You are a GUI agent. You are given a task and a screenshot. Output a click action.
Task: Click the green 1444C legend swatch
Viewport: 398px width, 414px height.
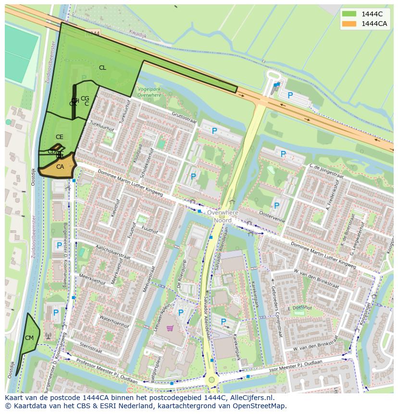tap(349, 14)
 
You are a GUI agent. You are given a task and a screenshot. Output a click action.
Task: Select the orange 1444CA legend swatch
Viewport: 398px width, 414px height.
tap(349, 24)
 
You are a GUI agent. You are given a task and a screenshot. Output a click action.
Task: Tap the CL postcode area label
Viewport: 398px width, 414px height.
tap(102, 68)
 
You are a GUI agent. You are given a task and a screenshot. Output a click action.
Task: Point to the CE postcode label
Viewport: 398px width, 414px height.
tap(59, 137)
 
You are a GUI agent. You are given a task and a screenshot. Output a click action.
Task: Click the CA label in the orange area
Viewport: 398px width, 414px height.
tap(60, 167)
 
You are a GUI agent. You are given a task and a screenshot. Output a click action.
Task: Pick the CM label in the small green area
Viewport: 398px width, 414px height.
tap(29, 338)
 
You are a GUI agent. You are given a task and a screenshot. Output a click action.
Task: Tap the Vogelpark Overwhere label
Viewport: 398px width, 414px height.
tap(149, 92)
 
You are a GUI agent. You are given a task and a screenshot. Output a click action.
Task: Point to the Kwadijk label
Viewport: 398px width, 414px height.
tap(138, 32)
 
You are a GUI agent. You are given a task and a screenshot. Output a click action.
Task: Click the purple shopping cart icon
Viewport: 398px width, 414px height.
tap(169, 328)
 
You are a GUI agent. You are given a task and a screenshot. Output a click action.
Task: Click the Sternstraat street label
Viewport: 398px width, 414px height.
tap(90, 348)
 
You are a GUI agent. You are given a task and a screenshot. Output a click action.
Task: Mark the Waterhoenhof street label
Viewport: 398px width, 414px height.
tap(114, 322)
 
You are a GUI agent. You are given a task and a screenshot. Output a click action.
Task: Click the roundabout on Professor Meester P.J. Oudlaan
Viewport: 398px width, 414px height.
tap(211, 380)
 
